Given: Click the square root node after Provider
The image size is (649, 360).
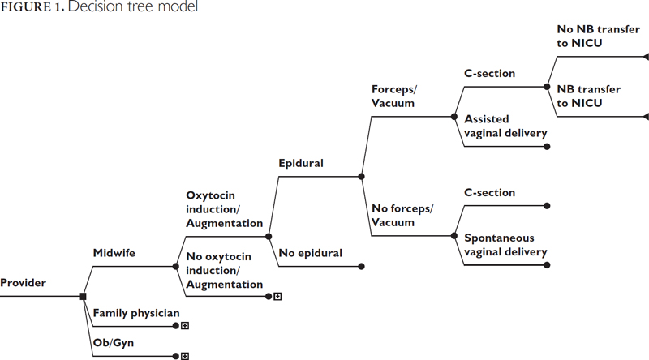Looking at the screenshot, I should pos(83,297).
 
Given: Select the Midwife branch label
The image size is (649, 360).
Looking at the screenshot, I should pos(114,253).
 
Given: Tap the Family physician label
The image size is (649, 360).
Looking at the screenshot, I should pos(135,313).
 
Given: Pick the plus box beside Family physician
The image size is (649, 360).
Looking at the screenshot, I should pos(185,326).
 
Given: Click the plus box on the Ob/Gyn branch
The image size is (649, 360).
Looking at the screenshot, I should pos(185,356).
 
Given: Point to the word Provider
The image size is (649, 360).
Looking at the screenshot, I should pos(24,283).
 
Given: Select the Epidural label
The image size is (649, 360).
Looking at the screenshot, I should pos(301,163).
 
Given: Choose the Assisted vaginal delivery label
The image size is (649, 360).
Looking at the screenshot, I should pos(505,126).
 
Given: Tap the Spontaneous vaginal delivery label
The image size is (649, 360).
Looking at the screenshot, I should pos(505,245).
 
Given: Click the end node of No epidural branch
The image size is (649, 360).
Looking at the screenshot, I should pos(362,266).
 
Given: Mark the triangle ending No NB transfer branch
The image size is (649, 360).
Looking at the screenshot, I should pos(645,57).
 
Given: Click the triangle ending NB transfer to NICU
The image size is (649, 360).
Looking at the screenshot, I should pos(645,117).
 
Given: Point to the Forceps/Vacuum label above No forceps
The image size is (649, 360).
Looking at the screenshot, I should pos(393,96).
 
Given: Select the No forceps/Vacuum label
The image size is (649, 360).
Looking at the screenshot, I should pos(403,215).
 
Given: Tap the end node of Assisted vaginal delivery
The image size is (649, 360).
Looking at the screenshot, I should pos(548,147).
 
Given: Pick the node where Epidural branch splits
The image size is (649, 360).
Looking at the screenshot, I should pos(362,176).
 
